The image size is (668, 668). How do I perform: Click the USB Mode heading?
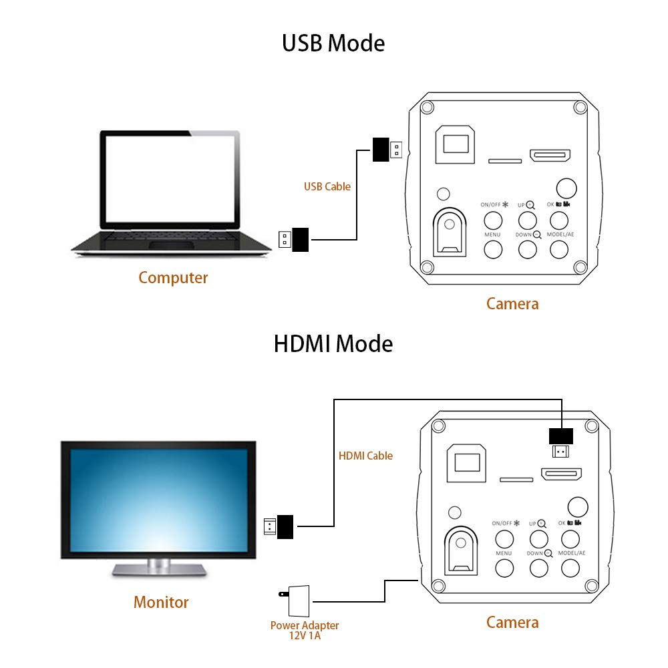[x=333, y=43]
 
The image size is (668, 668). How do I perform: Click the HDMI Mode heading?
[x=333, y=344]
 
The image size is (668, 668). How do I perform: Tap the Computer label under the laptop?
[x=173, y=278]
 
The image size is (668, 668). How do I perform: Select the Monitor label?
[x=161, y=602]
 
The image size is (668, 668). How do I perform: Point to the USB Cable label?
[x=327, y=187]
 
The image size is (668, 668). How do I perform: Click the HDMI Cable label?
[x=365, y=456]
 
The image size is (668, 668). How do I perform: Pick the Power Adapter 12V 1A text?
[x=305, y=631]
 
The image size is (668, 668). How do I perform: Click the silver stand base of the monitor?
[x=158, y=569]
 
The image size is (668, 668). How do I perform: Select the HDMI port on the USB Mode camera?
[x=550, y=156]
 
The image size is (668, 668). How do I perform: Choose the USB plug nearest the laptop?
[x=294, y=239]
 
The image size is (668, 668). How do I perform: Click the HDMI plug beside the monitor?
[x=280, y=526]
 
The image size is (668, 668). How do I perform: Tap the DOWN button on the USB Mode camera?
[x=527, y=249]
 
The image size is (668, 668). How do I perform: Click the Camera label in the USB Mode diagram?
[x=512, y=304]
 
